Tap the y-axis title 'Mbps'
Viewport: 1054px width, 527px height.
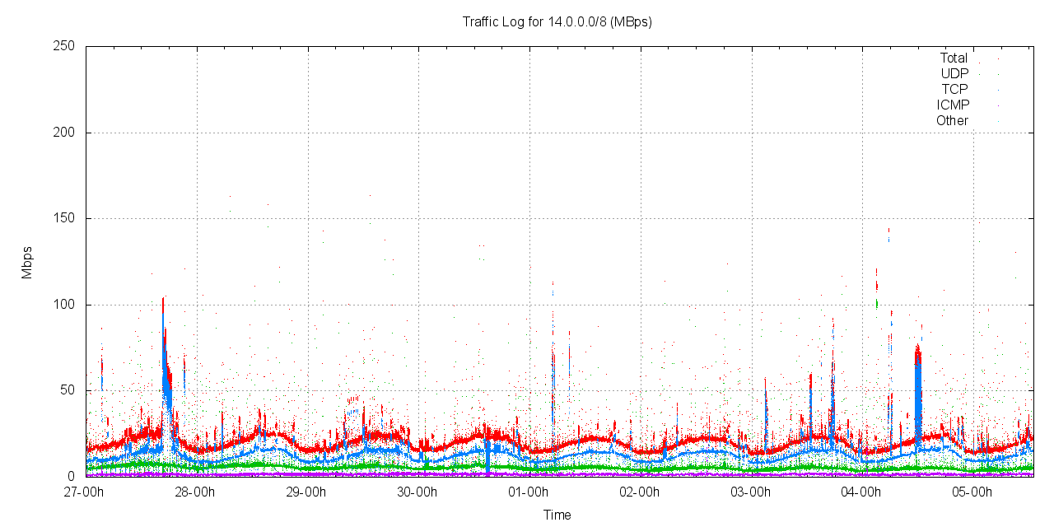click(27, 262)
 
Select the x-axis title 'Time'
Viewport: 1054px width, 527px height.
click(557, 515)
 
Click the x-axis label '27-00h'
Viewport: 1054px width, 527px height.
click(86, 492)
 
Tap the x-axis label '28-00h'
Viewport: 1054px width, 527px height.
click(196, 492)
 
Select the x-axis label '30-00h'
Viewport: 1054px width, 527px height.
click(417, 492)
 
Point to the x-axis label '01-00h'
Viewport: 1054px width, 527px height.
click(529, 492)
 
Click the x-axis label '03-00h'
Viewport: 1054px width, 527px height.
click(750, 492)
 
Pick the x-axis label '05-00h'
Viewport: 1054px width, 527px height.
click(972, 492)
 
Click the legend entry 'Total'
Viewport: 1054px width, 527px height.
click(954, 58)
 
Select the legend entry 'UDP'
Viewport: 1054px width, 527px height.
click(954, 74)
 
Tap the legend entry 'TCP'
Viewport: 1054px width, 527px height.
click(954, 90)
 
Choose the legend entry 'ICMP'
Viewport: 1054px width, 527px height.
click(953, 105)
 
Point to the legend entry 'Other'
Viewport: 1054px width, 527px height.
click(952, 121)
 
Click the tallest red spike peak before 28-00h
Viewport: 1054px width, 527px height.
click(163, 298)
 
